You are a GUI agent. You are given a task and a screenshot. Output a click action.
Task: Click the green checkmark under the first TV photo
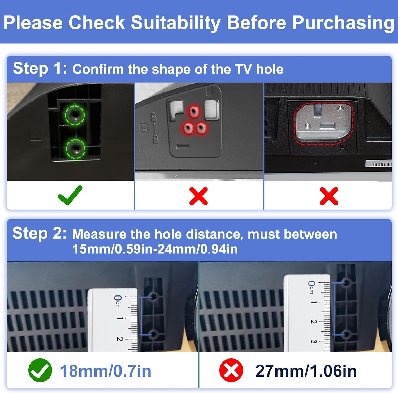point(70,195)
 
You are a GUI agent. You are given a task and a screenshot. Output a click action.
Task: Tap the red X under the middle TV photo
point(198,196)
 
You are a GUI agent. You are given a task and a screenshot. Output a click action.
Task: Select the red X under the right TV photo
point(329,196)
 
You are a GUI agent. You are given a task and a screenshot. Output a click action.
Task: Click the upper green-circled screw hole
point(75,115)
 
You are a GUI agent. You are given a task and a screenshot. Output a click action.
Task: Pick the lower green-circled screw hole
point(76,149)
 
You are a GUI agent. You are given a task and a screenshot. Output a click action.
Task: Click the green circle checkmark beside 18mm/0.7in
point(40,370)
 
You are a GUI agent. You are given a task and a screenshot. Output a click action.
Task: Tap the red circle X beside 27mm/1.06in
point(231,370)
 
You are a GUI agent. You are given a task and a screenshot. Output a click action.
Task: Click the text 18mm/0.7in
point(106,371)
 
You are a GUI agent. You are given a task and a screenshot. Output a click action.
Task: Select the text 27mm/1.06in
point(306,371)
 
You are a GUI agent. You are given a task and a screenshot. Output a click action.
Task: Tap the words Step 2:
point(40,233)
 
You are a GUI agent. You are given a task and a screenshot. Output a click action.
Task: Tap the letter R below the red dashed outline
point(344,148)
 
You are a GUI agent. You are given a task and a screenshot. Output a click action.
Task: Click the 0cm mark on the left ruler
point(117,302)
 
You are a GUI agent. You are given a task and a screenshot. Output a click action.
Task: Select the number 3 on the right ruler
point(313,341)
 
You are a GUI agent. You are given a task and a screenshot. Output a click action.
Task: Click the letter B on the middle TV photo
point(144,129)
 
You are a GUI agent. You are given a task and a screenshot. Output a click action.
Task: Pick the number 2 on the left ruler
point(120,339)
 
